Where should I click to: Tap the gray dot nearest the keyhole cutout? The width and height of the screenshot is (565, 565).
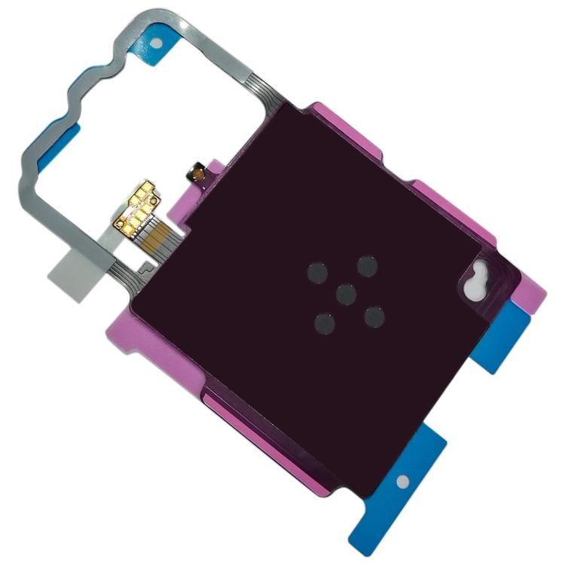pyautogui.click(x=368, y=265)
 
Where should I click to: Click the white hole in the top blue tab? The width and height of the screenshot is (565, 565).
pyautogui.click(x=156, y=43)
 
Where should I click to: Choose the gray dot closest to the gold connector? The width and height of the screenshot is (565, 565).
pyautogui.click(x=316, y=273)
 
